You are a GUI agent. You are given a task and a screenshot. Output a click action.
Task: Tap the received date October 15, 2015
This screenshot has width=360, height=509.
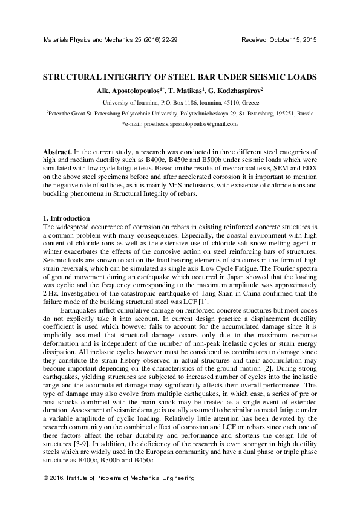(295, 39)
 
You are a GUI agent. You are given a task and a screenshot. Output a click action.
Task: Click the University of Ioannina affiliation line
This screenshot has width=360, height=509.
(180, 102)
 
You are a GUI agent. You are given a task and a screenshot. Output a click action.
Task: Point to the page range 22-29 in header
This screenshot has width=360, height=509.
(168, 39)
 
